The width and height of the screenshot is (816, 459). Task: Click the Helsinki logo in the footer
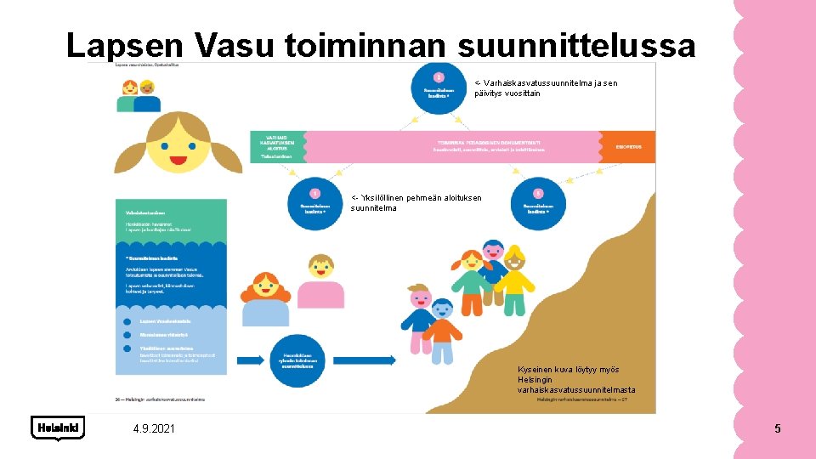pyautogui.click(x=58, y=428)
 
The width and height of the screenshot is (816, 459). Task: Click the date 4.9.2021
pyautogui.click(x=154, y=428)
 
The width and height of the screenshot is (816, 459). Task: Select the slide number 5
pyautogui.click(x=777, y=428)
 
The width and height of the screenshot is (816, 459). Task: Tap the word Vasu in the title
pyautogui.click(x=237, y=44)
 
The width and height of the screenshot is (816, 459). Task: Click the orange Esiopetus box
pyautogui.click(x=629, y=147)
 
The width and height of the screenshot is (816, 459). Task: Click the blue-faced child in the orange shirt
pyautogui.click(x=442, y=327)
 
